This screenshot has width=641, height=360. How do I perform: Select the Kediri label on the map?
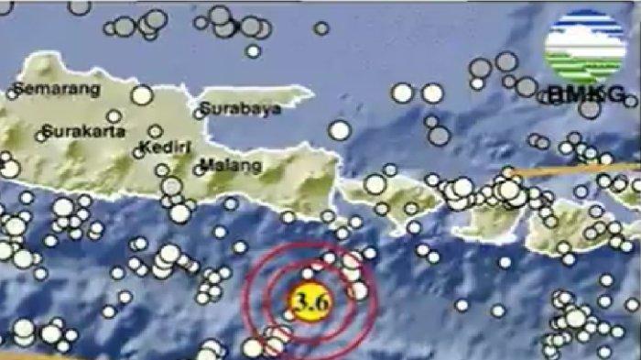pyautogui.click(x=166, y=147)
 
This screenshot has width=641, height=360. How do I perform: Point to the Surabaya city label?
pyautogui.click(x=240, y=109)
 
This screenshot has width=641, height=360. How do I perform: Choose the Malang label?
pyautogui.click(x=231, y=166)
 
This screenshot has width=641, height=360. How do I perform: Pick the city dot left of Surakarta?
pyautogui.click(x=39, y=135)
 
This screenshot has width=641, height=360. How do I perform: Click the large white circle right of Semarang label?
pyautogui.click(x=141, y=94)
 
